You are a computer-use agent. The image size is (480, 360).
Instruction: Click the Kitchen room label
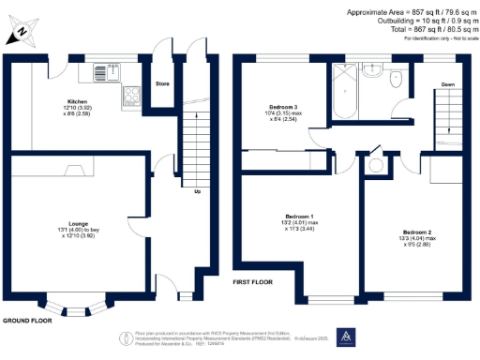77,100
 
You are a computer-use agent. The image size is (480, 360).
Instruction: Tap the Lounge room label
78,223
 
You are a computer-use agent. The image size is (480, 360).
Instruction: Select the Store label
162,83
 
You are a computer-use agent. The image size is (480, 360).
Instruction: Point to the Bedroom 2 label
417,232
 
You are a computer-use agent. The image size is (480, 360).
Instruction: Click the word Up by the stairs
197,191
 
